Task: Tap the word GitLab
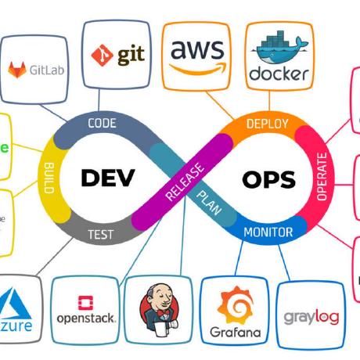(47, 70)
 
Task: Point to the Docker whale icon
(277, 48)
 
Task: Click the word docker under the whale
(278, 75)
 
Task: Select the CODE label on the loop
(102, 123)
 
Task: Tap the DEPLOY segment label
(267, 124)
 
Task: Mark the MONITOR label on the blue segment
(268, 232)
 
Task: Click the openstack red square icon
(86, 301)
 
